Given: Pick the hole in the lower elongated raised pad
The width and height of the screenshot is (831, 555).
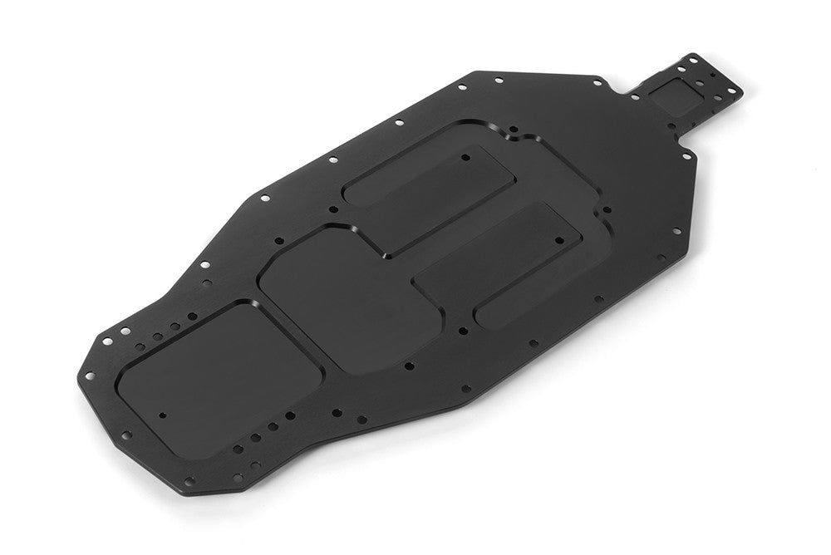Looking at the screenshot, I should point(558,241).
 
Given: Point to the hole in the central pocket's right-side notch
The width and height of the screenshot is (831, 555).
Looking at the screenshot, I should point(605,210).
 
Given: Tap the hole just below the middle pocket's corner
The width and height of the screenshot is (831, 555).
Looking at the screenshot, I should point(408,365).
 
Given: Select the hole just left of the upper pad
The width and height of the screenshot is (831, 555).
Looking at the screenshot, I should point(333,210).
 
